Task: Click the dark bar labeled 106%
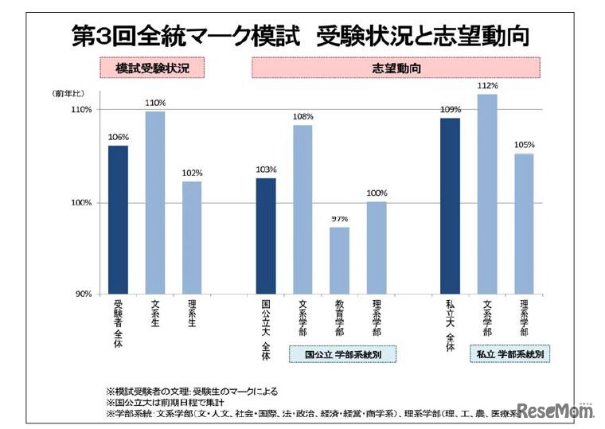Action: [118, 220]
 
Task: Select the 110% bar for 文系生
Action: [155, 202]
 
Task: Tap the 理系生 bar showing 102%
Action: [192, 237]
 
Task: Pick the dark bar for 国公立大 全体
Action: [266, 236]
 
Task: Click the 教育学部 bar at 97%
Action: [339, 260]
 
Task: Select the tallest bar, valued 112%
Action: [487, 194]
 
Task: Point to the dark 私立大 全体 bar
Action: [450, 206]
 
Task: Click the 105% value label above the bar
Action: [524, 145]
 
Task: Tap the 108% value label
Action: [302, 116]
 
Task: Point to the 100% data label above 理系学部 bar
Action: [377, 193]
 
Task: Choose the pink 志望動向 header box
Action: [396, 68]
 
